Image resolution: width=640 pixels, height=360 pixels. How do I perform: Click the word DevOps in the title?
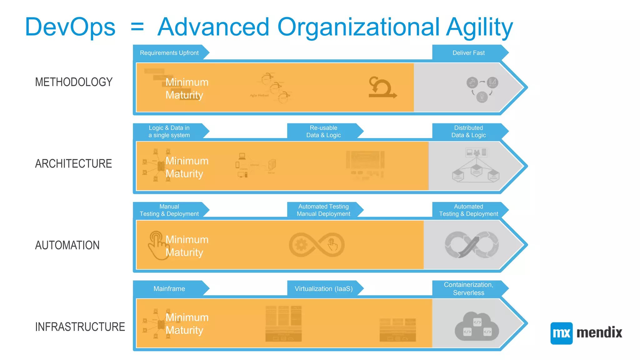(x=70, y=27)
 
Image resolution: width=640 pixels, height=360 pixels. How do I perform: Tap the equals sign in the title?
(x=137, y=27)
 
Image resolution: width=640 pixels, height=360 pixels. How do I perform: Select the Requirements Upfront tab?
(x=169, y=53)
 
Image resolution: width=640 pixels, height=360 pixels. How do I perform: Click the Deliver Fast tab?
(x=468, y=53)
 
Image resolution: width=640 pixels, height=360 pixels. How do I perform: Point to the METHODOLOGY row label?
(x=74, y=82)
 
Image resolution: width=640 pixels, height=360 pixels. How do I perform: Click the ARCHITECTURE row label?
(x=73, y=163)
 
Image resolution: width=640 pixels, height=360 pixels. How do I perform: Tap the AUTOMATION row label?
(x=67, y=245)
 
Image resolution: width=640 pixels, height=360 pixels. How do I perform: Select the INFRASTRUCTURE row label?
(x=80, y=327)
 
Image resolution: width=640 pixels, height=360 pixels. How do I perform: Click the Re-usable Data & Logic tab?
(x=323, y=132)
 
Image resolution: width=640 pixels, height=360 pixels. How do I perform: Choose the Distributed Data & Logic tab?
(x=468, y=132)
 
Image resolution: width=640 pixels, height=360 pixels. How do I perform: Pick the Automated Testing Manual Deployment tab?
(x=323, y=210)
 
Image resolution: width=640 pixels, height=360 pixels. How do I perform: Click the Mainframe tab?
(x=169, y=289)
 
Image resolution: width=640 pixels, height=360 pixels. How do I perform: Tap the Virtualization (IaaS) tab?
(x=323, y=289)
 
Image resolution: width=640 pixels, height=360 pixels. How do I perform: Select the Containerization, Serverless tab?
(x=468, y=289)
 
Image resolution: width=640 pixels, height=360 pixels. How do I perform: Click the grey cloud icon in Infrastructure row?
(x=477, y=327)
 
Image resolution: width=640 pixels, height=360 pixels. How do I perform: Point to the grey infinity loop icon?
(x=472, y=245)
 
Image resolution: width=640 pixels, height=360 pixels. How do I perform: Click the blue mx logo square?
(x=561, y=333)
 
